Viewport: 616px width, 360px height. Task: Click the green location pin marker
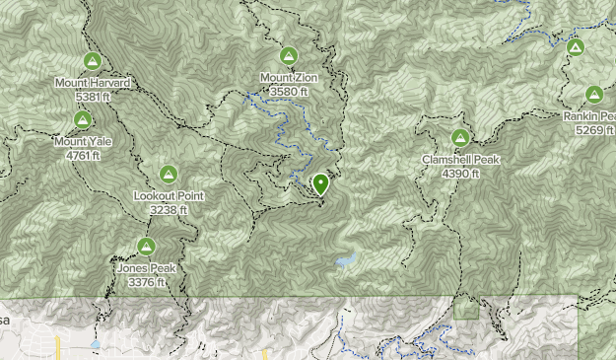pyautogui.click(x=320, y=183)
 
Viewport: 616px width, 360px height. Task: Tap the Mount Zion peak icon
pyautogui.click(x=289, y=56)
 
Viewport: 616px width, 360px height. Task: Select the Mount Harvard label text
pyautogui.click(x=93, y=83)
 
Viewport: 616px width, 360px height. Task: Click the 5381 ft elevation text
pyautogui.click(x=93, y=97)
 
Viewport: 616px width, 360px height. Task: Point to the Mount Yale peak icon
pyautogui.click(x=83, y=120)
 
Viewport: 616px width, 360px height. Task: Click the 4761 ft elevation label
pyautogui.click(x=84, y=155)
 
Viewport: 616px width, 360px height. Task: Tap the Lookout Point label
pyautogui.click(x=169, y=195)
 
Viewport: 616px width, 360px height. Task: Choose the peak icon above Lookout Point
pyautogui.click(x=169, y=175)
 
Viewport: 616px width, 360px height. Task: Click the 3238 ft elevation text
pyautogui.click(x=169, y=209)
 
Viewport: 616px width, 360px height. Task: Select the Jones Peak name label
pyautogui.click(x=146, y=268)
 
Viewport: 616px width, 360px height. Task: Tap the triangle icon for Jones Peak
pyautogui.click(x=146, y=247)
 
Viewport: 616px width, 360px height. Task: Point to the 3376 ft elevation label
pyautogui.click(x=146, y=282)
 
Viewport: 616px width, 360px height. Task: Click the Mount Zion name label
pyautogui.click(x=289, y=78)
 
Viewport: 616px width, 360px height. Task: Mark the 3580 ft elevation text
pyautogui.click(x=289, y=92)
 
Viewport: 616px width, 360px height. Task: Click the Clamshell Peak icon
pyautogui.click(x=459, y=138)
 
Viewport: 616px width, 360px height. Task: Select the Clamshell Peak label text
pyautogui.click(x=460, y=160)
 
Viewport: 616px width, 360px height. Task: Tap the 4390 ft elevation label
pyautogui.click(x=460, y=174)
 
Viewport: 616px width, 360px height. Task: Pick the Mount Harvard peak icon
pyautogui.click(x=92, y=61)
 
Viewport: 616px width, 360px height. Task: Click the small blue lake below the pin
pyautogui.click(x=344, y=261)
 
